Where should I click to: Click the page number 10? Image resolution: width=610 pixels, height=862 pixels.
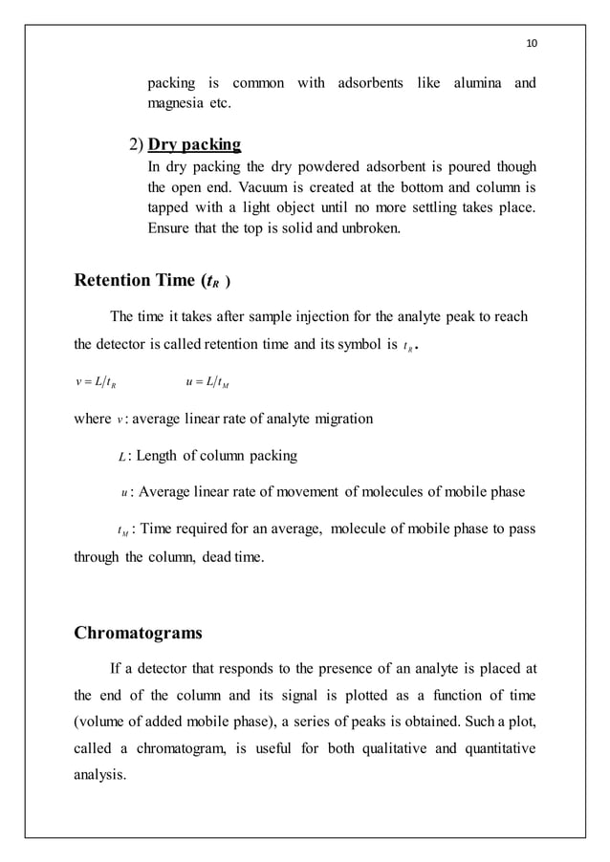[x=533, y=44]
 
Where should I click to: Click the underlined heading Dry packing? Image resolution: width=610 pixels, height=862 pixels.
[x=193, y=144]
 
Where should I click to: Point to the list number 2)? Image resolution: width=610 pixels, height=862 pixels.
[x=135, y=145]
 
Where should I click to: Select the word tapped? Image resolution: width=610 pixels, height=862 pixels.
[x=170, y=207]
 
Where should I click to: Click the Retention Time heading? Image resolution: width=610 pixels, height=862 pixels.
[x=151, y=280]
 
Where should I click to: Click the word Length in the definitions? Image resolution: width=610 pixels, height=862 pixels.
[x=156, y=456]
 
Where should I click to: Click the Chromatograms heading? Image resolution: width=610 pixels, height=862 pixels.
[x=138, y=633]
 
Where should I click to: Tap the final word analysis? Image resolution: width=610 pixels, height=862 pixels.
[x=99, y=774]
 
